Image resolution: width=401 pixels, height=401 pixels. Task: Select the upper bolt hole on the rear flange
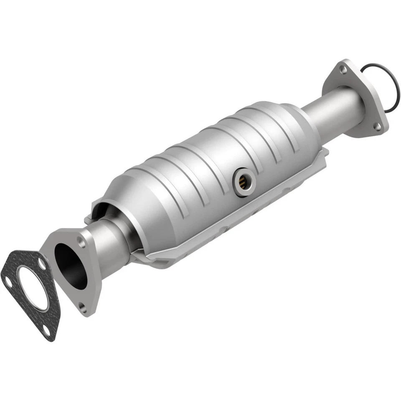coord(343,70)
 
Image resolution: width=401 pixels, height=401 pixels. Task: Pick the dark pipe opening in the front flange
coord(70,265)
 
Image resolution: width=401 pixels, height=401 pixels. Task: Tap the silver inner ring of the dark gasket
coord(21,292)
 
